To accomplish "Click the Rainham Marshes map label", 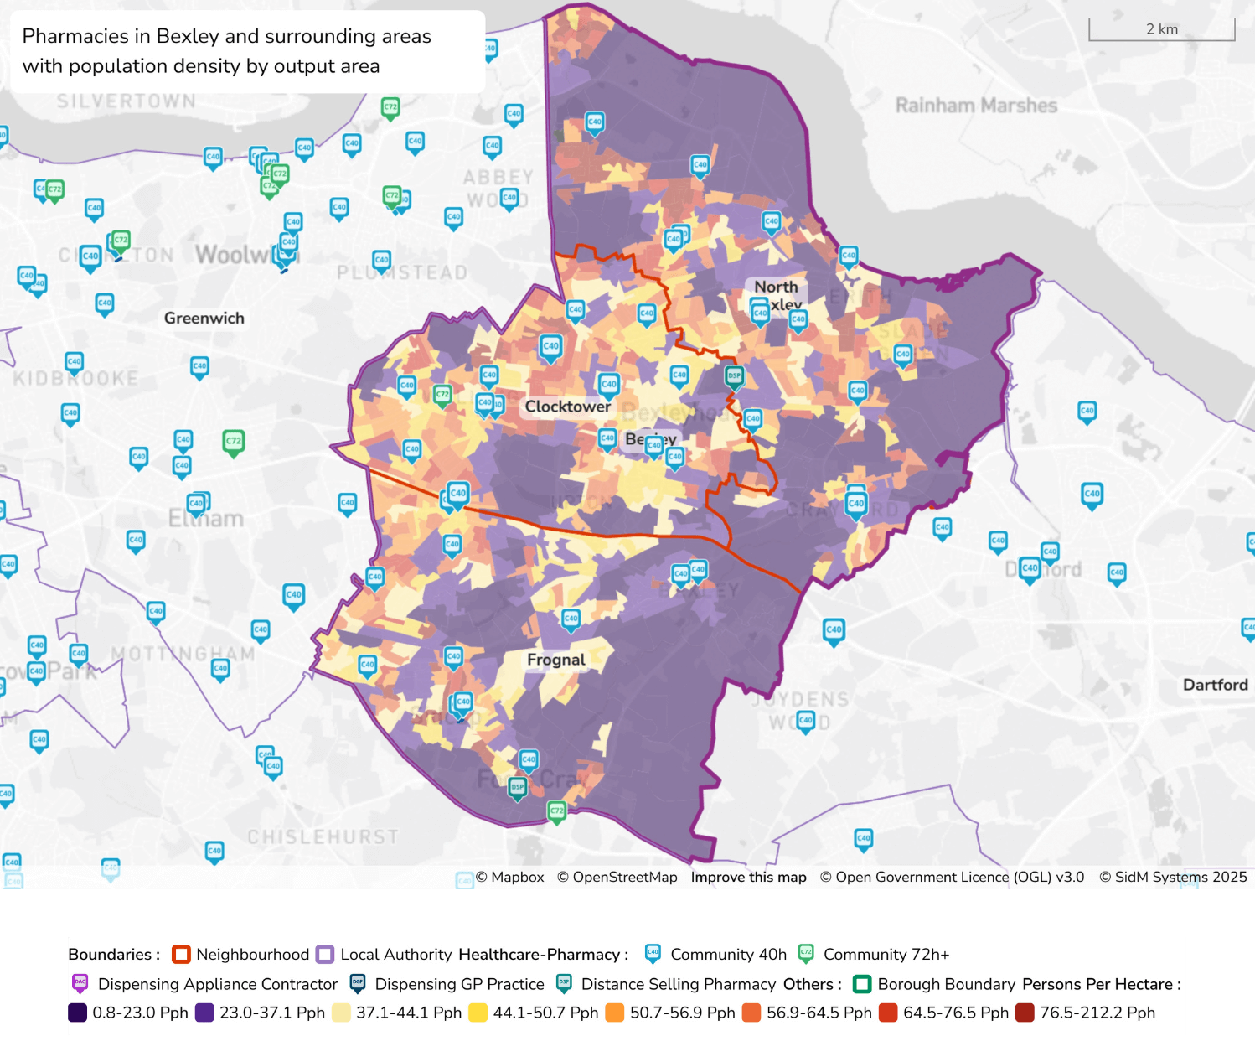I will tap(976, 106).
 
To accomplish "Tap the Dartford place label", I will tap(1215, 685).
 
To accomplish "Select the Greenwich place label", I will tap(204, 318).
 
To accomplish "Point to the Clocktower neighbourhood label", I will tap(567, 407).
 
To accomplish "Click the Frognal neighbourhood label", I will tap(555, 660).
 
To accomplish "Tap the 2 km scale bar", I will tap(1161, 30).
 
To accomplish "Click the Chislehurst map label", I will tap(323, 836).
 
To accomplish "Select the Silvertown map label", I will tap(126, 101).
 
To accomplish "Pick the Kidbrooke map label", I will tap(75, 379).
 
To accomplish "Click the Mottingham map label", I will tap(183, 653).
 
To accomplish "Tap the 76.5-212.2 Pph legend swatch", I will tap(1024, 1013).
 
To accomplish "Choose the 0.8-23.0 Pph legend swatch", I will tap(78, 1013).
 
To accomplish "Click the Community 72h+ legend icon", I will tap(806, 954).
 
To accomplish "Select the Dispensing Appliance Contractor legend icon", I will tap(80, 983).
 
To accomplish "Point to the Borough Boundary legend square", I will tap(861, 984).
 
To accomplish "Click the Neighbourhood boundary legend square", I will tap(181, 955).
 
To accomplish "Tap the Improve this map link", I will tap(748, 877).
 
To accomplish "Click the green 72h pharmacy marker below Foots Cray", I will tap(556, 811).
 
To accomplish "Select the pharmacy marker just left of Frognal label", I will tap(453, 656).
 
